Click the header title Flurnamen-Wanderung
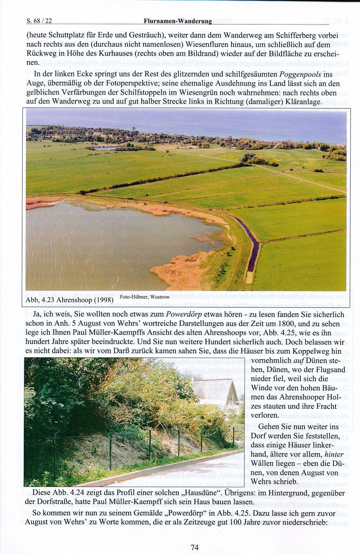pos(178,21)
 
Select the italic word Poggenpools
pos(300,74)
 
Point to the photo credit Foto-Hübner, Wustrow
pos(145,297)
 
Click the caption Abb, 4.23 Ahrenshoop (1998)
pos(69,300)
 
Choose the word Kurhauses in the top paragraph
pos(112,54)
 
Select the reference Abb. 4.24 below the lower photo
pos(61,493)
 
